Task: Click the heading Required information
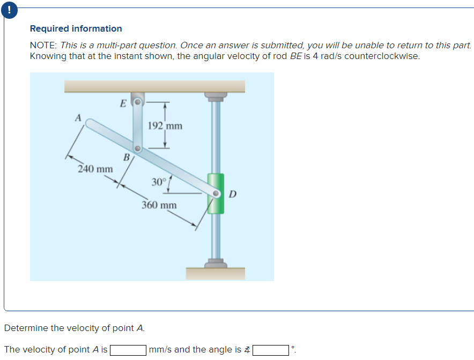pyautogui.click(x=76, y=28)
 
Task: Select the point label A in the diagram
pyautogui.click(x=78, y=117)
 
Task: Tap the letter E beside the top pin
pyautogui.click(x=123, y=103)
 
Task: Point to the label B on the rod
pyautogui.click(x=127, y=157)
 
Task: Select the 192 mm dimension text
pyautogui.click(x=165, y=126)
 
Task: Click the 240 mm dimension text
pyautogui.click(x=95, y=169)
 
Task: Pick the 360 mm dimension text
pyautogui.click(x=159, y=205)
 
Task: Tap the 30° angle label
pyautogui.click(x=159, y=182)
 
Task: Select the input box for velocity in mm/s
pyautogui.click(x=128, y=350)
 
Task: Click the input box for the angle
pyautogui.click(x=271, y=350)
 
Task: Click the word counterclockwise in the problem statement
pyautogui.click(x=382, y=56)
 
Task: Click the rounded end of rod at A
pyautogui.click(x=91, y=123)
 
